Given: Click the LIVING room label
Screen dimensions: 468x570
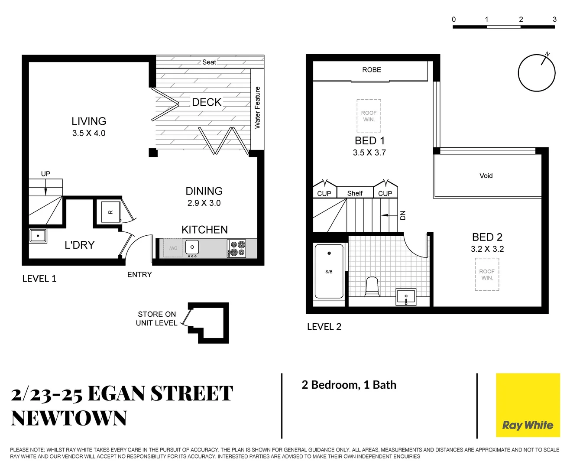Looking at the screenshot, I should click(89, 121).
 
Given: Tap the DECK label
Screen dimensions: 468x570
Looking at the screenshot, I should click(207, 102).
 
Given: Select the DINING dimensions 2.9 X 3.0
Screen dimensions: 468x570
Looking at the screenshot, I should click(204, 203).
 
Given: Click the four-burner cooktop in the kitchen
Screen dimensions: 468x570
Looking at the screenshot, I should click(236, 249).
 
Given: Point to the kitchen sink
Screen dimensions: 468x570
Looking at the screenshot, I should click(192, 247).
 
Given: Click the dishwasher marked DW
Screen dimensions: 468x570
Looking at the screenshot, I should click(173, 248).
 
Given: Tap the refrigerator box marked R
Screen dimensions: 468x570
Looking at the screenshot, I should click(110, 212).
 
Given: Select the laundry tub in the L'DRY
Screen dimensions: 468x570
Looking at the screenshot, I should click(38, 236).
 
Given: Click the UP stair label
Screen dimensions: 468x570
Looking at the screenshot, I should click(45, 174).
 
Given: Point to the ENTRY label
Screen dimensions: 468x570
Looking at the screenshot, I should click(139, 274).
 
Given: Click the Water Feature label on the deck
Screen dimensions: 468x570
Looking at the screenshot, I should click(257, 107).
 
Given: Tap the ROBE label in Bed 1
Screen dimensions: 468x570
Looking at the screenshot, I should click(372, 70).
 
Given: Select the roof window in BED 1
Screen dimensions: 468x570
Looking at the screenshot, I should click(369, 116).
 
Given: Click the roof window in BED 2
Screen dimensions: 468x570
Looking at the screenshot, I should click(487, 274).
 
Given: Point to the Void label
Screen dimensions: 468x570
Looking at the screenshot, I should click(486, 175).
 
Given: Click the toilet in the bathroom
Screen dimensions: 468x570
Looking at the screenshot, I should click(372, 287).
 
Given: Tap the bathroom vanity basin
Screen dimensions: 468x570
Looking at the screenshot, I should click(406, 297).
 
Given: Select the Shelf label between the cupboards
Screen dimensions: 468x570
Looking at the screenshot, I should click(355, 193).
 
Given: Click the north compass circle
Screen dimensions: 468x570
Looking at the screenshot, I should click(537, 73).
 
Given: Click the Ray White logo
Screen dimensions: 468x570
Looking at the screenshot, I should click(528, 405).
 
